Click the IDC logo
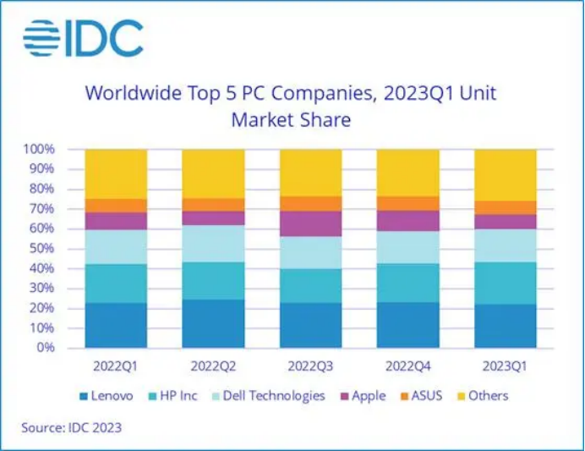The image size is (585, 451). click(83, 39)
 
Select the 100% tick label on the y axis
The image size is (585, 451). click(39, 149)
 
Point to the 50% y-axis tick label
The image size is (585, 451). click(42, 248)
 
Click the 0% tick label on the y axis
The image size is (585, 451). click(46, 347)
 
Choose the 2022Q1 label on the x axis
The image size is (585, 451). click(116, 366)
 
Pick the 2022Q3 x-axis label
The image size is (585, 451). click(310, 366)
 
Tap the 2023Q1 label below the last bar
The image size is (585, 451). click(506, 366)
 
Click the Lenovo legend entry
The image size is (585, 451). click(106, 395)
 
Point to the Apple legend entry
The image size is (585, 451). click(363, 395)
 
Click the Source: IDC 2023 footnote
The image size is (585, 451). click(72, 427)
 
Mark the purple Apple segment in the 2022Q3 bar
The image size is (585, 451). click(310, 223)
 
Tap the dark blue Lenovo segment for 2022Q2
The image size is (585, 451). click(213, 323)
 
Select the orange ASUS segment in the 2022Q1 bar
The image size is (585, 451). click(116, 206)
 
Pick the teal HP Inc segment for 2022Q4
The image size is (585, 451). click(407, 283)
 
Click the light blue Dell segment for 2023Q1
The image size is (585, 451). click(506, 245)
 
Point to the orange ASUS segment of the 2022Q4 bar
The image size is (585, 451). click(407, 203)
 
